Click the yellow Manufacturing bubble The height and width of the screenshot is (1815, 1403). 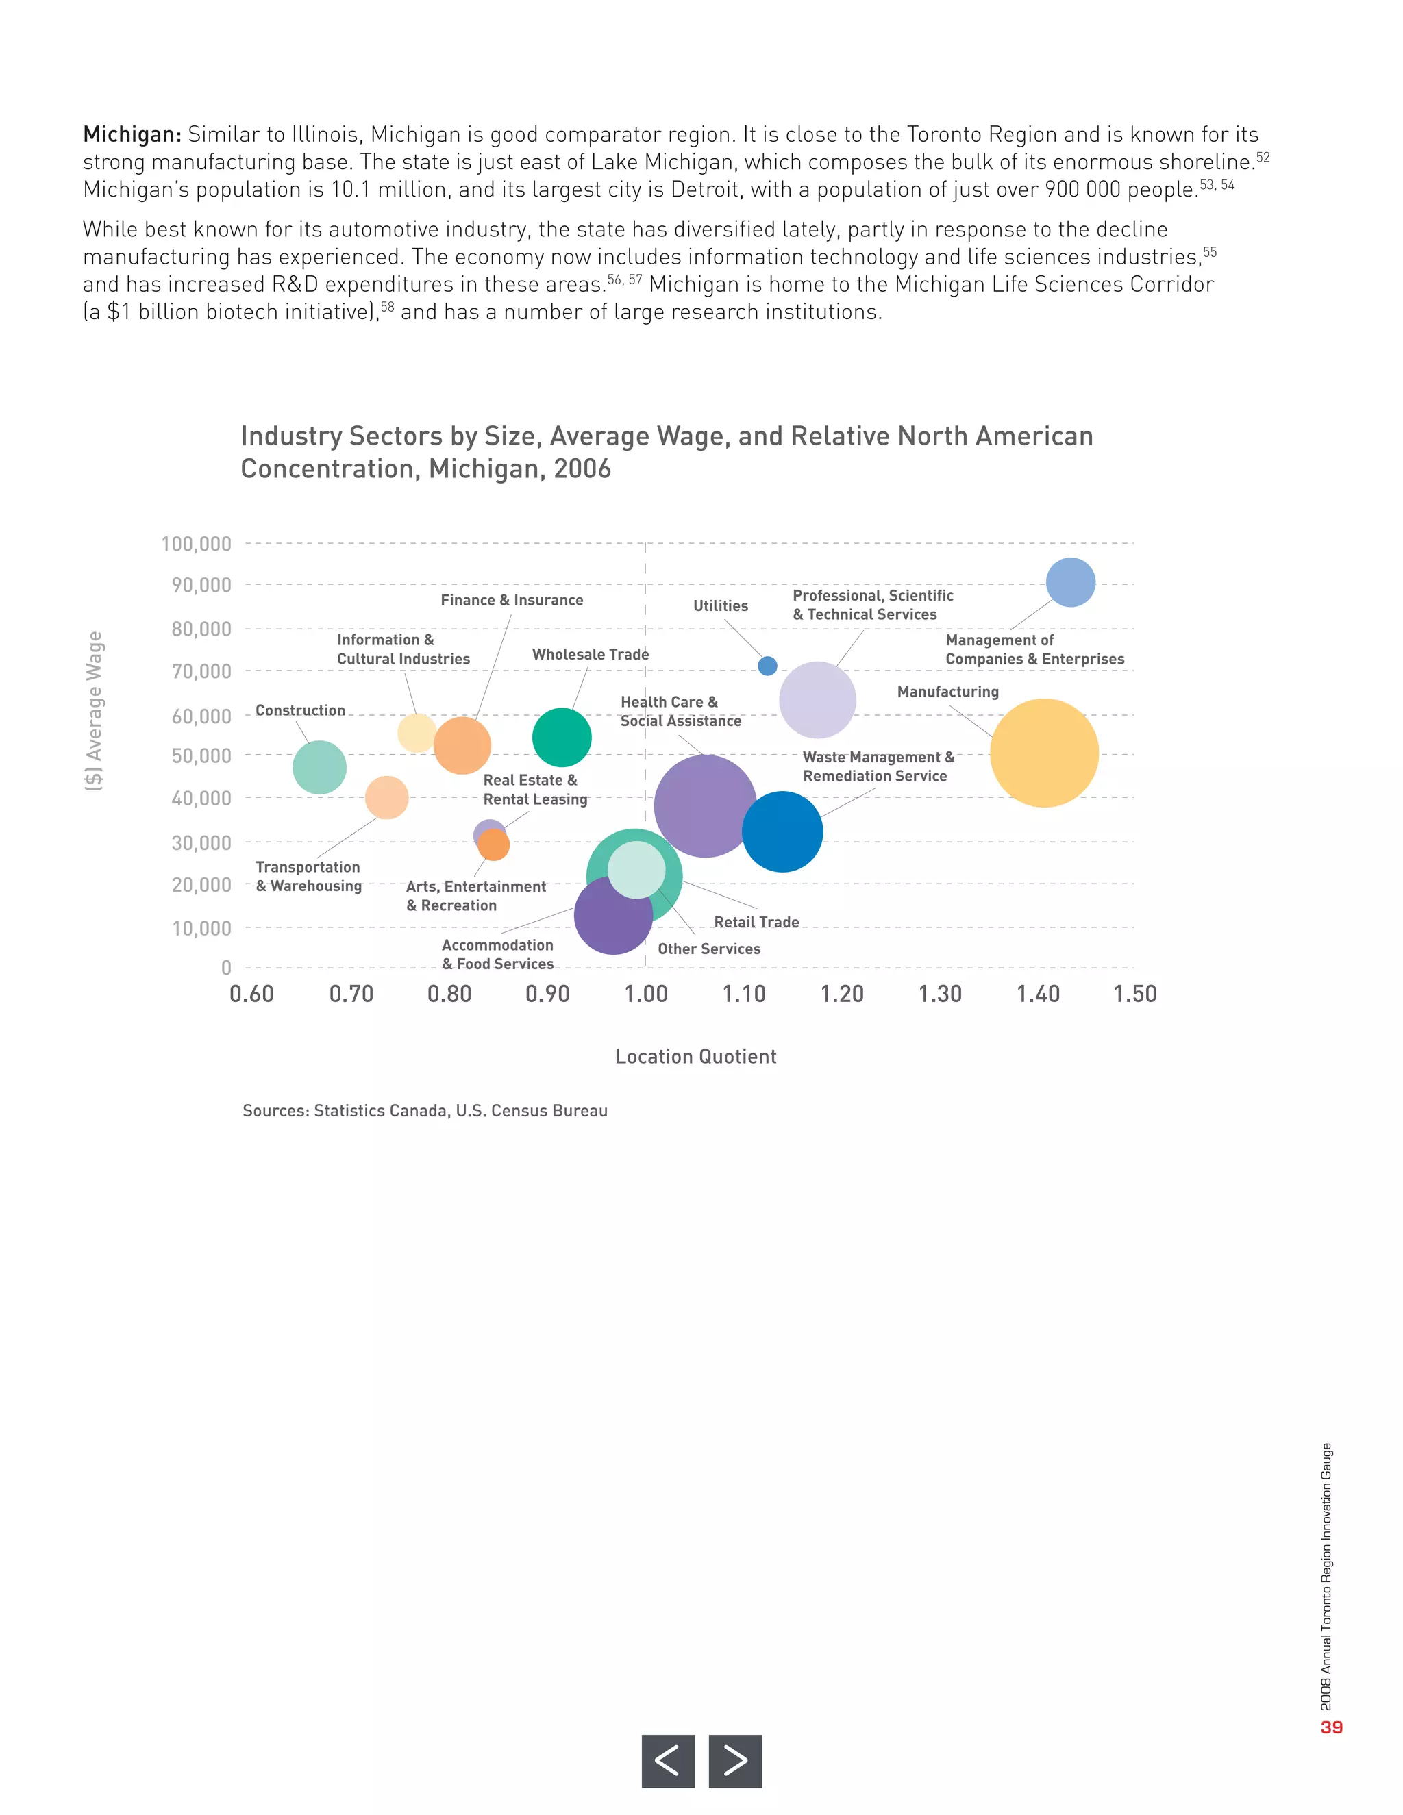tap(1044, 753)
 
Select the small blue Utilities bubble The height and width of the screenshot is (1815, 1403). tap(767, 666)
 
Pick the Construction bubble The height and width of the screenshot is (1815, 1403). tap(319, 767)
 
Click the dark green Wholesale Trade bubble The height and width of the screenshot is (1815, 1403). tap(562, 737)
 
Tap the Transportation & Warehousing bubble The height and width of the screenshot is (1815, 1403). tap(386, 798)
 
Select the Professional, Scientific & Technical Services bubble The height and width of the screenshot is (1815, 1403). tap(817, 700)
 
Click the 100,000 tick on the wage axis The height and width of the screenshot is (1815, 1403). tap(196, 544)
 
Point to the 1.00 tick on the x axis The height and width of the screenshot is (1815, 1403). tap(646, 994)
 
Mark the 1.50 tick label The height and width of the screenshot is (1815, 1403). tap(1134, 994)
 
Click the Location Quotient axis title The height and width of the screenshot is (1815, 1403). tap(696, 1056)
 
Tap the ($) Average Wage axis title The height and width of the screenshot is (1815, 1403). tap(94, 710)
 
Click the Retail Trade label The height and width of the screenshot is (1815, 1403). tap(756, 922)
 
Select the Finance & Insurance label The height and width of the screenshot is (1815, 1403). tap(512, 600)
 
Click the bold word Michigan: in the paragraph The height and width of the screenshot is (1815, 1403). tap(132, 135)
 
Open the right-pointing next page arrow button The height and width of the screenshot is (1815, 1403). tap(735, 1760)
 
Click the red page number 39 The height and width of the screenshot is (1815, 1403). tap(1332, 1727)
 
